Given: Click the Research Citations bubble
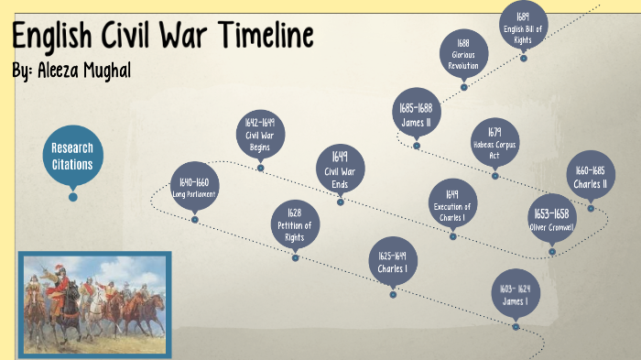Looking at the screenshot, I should [x=72, y=155].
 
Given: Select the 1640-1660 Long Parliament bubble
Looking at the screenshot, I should [x=195, y=187].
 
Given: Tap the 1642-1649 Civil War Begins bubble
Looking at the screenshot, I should [x=260, y=135].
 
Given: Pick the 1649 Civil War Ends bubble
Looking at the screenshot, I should [x=340, y=169].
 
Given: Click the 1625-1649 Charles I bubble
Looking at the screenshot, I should [x=392, y=261].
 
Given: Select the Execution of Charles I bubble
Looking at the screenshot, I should [x=452, y=203].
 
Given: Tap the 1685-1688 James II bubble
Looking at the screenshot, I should [x=416, y=114].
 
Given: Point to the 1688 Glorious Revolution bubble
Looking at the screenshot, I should [x=463, y=54].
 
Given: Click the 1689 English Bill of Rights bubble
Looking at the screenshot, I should [x=523, y=25].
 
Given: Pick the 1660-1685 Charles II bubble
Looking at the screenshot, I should [x=591, y=177].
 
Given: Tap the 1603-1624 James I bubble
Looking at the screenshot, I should [x=516, y=294].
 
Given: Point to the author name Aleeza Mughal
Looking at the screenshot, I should [x=82, y=71].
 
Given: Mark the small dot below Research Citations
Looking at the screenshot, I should [x=73, y=197].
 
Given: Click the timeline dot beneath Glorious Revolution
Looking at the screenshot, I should [x=464, y=87].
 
